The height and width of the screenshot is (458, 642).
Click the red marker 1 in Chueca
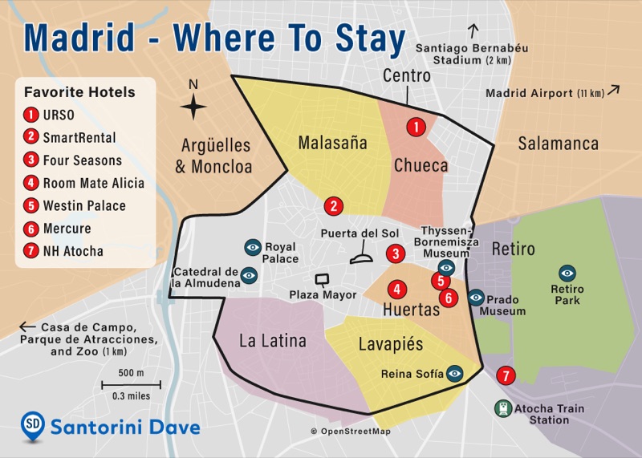pyautogui.click(x=416, y=127)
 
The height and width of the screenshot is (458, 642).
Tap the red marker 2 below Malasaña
pyautogui.click(x=334, y=205)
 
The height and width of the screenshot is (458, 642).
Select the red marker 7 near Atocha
pyautogui.click(x=505, y=375)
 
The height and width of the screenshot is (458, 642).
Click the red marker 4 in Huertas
pyautogui.click(x=396, y=290)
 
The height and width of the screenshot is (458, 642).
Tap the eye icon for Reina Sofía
pyautogui.click(x=455, y=373)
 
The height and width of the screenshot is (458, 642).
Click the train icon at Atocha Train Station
pyautogui.click(x=502, y=408)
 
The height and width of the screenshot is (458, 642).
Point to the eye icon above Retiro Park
pyautogui.click(x=567, y=273)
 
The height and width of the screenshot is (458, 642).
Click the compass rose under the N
pyautogui.click(x=193, y=107)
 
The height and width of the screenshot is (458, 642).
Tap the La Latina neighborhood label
pyautogui.click(x=273, y=341)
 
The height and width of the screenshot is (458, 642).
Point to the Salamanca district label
pyautogui.click(x=558, y=144)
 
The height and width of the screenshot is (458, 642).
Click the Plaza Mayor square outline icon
pyautogui.click(x=323, y=280)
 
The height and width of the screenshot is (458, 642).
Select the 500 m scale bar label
pyautogui.click(x=131, y=373)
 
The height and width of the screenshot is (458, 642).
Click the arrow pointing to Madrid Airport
pyautogui.click(x=614, y=90)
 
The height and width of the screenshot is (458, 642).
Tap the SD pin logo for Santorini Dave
pyautogui.click(x=32, y=426)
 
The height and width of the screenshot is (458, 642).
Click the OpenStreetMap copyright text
pyautogui.click(x=351, y=432)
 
